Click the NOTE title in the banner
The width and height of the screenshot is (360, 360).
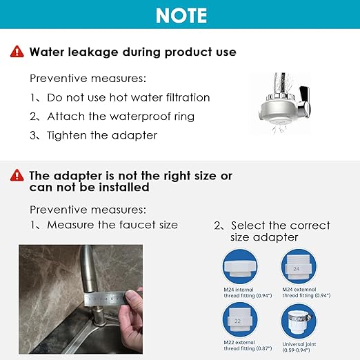pos(180,15)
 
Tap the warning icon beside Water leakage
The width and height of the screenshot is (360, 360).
pos(17,52)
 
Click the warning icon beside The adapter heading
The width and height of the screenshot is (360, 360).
pos(17,176)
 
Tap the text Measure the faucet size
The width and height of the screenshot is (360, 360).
pos(103,225)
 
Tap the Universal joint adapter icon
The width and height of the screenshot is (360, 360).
pos(302,321)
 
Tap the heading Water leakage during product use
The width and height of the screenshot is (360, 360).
pos(132,52)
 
